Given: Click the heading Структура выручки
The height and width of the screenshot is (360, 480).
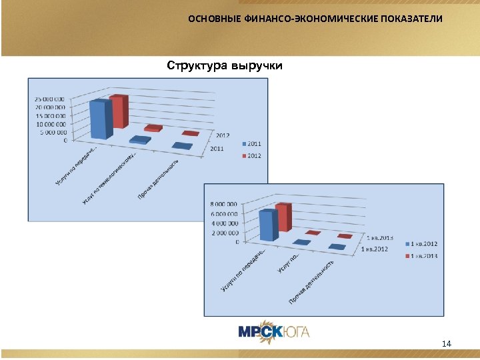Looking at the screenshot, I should [225, 65].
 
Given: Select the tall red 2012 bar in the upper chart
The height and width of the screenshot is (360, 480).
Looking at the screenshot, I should [119, 112].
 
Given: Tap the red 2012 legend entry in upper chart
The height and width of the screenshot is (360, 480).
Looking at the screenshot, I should [251, 156].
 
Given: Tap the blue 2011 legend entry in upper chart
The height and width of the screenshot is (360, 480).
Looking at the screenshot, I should [251, 143].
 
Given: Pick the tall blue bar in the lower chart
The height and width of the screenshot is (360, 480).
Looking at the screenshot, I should [267, 225].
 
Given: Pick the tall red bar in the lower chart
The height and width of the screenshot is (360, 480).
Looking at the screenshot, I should [283, 218].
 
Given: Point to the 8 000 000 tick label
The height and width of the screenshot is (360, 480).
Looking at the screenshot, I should [223, 204].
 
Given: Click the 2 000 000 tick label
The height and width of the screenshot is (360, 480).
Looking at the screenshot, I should [223, 233].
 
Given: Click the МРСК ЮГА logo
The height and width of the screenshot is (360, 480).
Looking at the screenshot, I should [273, 331].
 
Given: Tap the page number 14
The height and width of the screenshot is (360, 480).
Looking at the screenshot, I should [447, 343].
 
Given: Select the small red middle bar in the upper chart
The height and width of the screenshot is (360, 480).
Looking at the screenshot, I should [153, 127].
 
